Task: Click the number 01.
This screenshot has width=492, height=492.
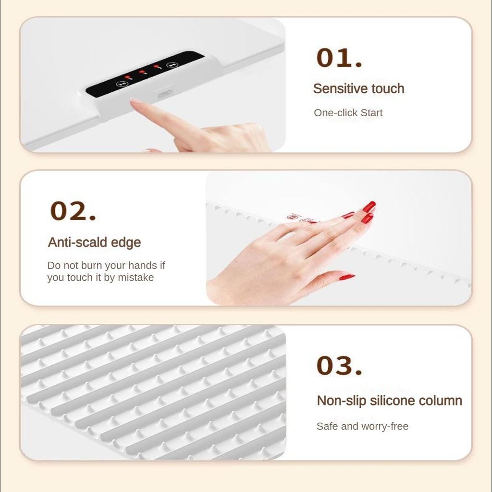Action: [339, 58]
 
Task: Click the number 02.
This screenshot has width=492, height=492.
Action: [73, 211]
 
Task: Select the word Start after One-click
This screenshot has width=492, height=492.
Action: [370, 113]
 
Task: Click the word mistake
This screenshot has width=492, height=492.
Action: [136, 278]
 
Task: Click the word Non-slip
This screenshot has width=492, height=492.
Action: [335, 401]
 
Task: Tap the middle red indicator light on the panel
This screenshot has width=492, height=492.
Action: [142, 72]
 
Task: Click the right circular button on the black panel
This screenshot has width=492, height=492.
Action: [172, 65]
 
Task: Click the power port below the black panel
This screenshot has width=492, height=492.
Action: [165, 93]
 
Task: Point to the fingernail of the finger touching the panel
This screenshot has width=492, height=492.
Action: [135, 101]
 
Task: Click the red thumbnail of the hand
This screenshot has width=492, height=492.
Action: [346, 277]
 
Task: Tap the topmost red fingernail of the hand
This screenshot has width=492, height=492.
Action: [369, 207]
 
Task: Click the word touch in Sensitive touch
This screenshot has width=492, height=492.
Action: [387, 89]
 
